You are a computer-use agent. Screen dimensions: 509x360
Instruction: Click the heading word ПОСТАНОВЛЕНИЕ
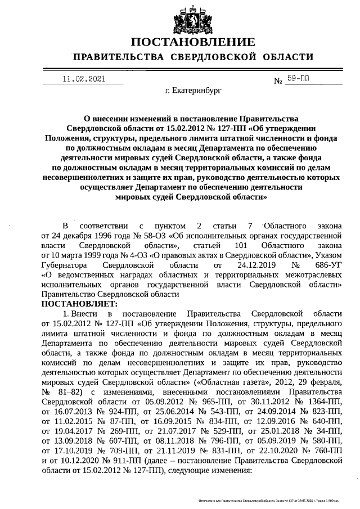pyautogui.click(x=193, y=43)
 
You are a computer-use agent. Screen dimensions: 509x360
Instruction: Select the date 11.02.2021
pyautogui.click(x=83, y=80)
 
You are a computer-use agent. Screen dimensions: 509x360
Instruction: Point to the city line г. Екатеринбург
pyautogui.click(x=193, y=89)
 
